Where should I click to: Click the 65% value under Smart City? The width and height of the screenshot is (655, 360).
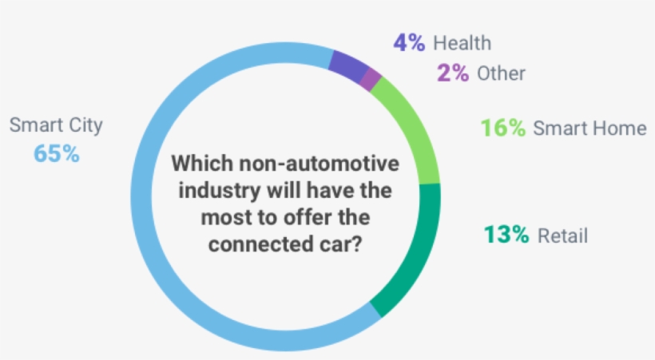[x=57, y=153]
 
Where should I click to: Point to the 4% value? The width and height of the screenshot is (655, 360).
[x=409, y=42]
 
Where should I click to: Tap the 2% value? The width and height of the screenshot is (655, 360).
[x=452, y=73]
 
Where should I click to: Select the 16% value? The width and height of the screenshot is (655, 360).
[x=502, y=128]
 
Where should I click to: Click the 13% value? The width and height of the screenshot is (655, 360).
[x=506, y=235]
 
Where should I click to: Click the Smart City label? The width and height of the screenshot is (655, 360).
[x=57, y=125]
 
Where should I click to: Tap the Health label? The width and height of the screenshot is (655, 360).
[x=462, y=42]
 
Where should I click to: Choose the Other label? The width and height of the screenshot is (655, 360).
[x=502, y=73]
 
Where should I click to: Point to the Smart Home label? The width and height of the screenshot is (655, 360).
[x=589, y=128]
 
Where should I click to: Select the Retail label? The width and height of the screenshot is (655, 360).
[x=562, y=235]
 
